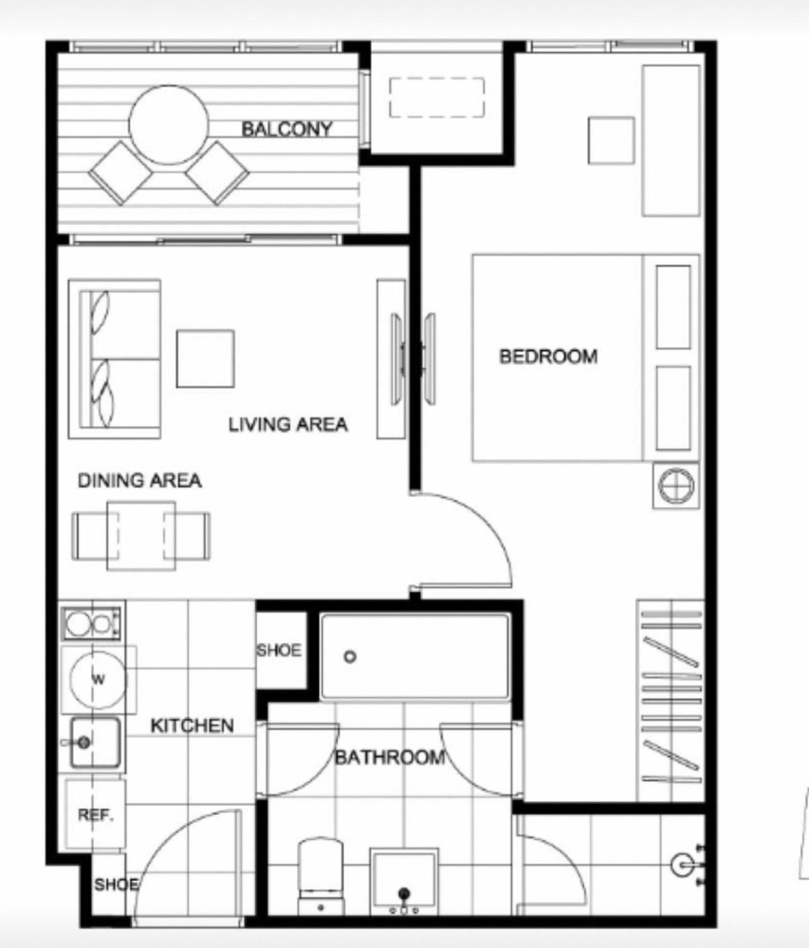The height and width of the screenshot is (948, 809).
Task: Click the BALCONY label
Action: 287,130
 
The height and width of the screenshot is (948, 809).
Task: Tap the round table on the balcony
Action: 169,125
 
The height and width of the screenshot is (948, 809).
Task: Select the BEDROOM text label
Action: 548,357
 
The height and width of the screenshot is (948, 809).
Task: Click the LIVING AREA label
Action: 288,425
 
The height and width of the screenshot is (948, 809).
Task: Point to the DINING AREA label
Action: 140,481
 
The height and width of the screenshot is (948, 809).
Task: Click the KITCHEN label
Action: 192,726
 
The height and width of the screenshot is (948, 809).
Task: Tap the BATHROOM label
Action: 390,757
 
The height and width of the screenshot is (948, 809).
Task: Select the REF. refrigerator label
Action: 96,815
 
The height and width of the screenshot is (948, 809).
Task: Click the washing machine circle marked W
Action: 97,679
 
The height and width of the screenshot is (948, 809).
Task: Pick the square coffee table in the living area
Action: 205,358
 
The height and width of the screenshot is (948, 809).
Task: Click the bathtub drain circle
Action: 350,657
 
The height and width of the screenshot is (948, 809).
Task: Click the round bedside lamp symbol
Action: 676,486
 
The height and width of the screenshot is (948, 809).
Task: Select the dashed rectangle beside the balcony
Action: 437,97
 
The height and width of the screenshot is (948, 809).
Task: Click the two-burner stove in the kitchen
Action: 92,624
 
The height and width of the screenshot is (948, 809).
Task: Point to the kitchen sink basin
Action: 95,743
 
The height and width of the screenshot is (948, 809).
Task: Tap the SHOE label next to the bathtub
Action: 279,650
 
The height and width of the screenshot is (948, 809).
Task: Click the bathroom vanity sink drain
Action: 404,893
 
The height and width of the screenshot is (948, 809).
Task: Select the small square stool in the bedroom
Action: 611,140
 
